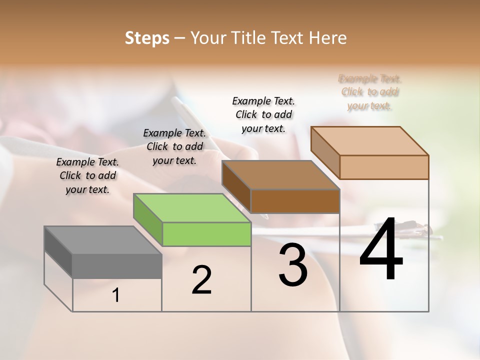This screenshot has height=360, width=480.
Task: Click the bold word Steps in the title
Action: point(147,38)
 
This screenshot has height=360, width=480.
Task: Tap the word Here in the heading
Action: point(328,38)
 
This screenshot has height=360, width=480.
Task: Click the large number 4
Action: point(381,250)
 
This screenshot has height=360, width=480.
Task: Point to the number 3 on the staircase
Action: point(293,265)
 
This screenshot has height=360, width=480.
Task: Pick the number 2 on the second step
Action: point(201,279)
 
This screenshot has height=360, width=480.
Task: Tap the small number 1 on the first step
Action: point(116,295)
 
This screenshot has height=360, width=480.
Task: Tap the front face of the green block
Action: point(206,234)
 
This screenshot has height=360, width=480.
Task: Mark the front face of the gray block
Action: point(117,266)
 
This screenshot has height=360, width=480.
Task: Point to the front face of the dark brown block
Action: point(295,201)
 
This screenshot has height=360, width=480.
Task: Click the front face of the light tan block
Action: point(384,167)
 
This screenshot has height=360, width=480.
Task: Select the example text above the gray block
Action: point(87,175)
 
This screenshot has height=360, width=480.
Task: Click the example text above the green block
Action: point(174,146)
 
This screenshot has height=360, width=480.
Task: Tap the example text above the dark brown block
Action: point(263,114)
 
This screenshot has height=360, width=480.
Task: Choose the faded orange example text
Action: point(370,92)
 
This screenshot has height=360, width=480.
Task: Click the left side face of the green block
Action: point(148,220)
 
